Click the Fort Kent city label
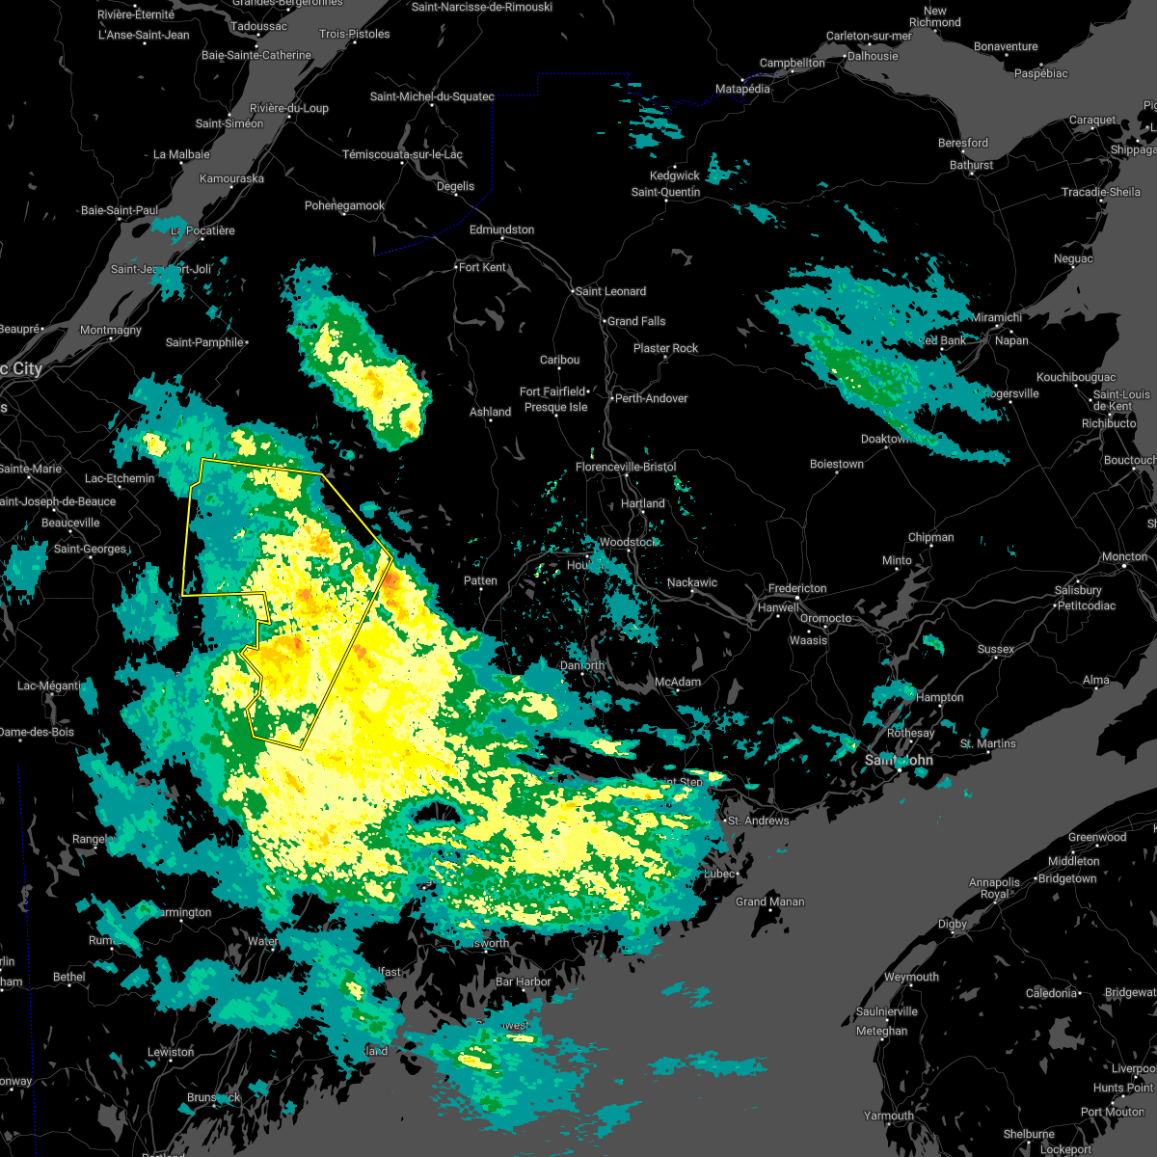click(482, 267)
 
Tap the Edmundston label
click(501, 229)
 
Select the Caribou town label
click(559, 360)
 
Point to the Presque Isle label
click(555, 407)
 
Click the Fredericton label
click(797, 589)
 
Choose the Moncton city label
click(1124, 556)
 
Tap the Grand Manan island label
click(769, 902)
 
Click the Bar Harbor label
click(523, 982)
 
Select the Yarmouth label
click(888, 1116)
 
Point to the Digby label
click(952, 924)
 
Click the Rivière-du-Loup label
click(288, 108)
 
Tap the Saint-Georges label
click(90, 549)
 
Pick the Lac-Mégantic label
click(48, 686)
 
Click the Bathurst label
click(971, 165)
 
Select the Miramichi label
click(996, 317)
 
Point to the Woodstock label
click(627, 543)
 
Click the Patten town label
click(480, 580)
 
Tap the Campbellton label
click(792, 64)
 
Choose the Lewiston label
click(171, 1052)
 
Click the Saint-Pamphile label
click(205, 342)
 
